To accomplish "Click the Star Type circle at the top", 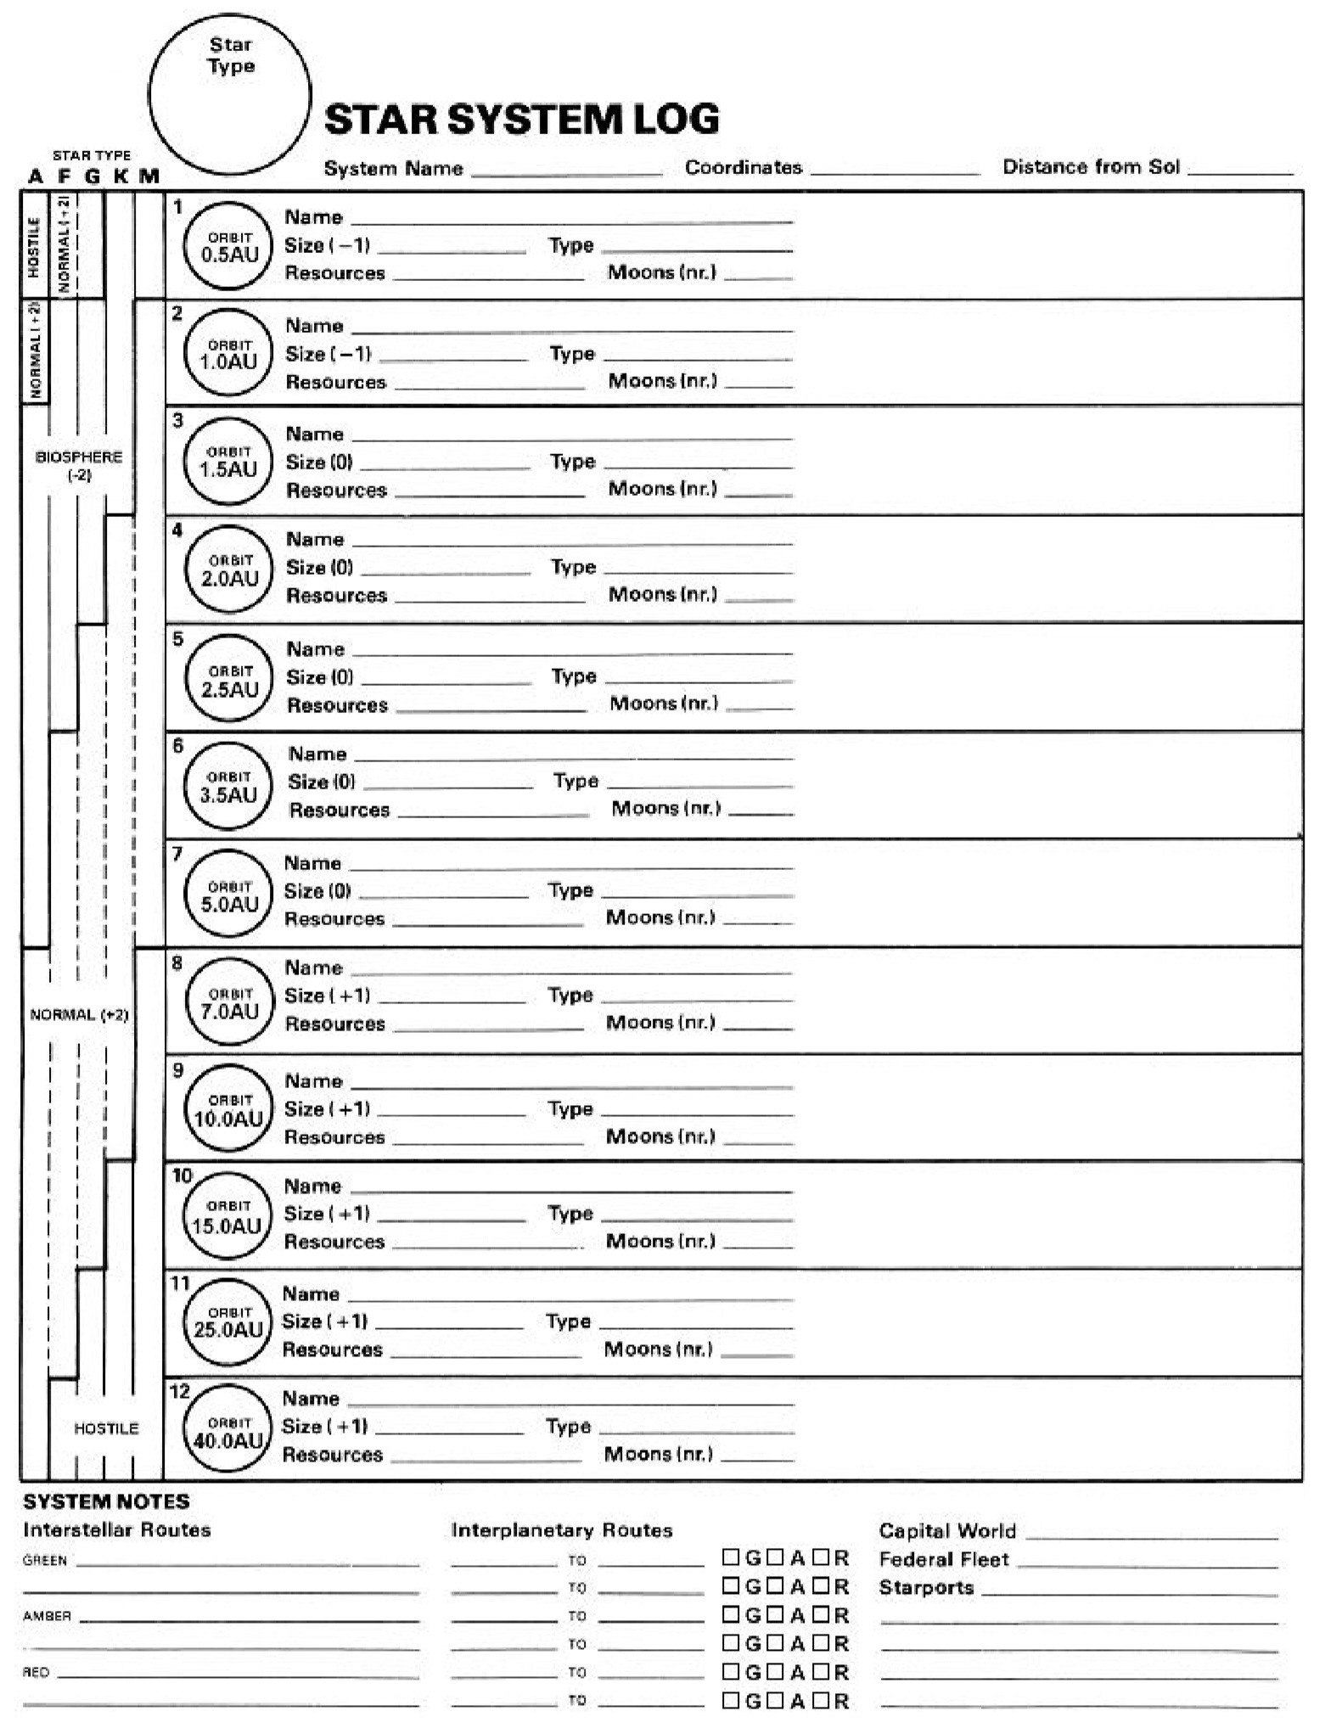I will pyautogui.click(x=230, y=93).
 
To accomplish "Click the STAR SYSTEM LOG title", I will pyautogui.click(x=521, y=119).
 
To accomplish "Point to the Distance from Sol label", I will pyautogui.click(x=1091, y=167).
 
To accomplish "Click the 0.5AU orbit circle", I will pyautogui.click(x=229, y=246).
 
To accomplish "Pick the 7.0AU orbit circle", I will pyautogui.click(x=229, y=1002).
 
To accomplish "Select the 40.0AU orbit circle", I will pyautogui.click(x=227, y=1432).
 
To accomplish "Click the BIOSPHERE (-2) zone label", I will pyautogui.click(x=79, y=465).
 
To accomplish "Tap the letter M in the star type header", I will pyautogui.click(x=149, y=177).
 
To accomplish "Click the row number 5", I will pyautogui.click(x=177, y=639).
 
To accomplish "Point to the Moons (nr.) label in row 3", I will pyautogui.click(x=662, y=489).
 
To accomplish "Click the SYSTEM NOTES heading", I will pyautogui.click(x=106, y=1501).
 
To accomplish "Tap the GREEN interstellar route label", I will pyautogui.click(x=45, y=1560).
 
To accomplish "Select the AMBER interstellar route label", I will pyautogui.click(x=47, y=1616).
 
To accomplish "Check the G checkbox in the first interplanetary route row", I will pyautogui.click(x=731, y=1557).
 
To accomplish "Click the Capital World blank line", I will pyautogui.click(x=1152, y=1534).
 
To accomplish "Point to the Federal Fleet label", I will pyautogui.click(x=944, y=1559).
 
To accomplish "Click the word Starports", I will pyautogui.click(x=926, y=1587).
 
